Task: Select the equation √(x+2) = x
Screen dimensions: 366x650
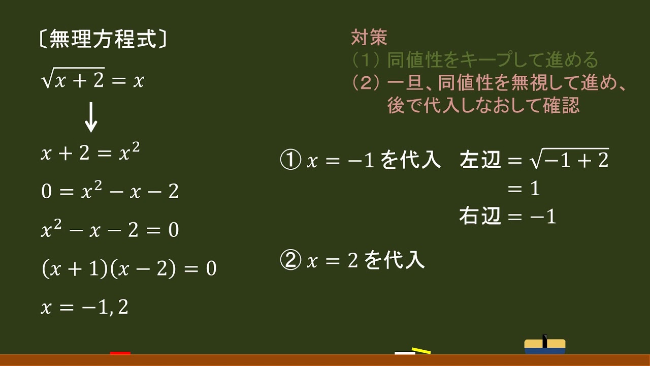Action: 93,79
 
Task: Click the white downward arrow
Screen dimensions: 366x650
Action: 91,116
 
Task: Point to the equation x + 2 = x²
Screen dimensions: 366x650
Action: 90,153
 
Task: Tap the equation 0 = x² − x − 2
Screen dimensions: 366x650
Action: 110,191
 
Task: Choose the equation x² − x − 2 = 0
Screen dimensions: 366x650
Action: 110,230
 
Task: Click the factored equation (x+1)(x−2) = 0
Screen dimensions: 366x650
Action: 128,268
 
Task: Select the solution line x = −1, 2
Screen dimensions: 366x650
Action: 84,308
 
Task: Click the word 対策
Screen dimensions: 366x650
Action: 369,37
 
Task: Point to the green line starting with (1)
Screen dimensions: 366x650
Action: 475,60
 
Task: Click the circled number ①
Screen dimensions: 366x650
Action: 291,161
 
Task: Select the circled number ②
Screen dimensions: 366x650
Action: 291,261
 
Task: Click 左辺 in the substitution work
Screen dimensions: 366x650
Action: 480,161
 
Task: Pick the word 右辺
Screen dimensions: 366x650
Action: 480,217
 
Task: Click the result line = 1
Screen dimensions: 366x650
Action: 524,189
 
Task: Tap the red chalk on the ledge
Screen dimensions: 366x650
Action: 120,353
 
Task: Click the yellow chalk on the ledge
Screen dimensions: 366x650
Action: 421,350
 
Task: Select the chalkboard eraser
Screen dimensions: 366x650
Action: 544,346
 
